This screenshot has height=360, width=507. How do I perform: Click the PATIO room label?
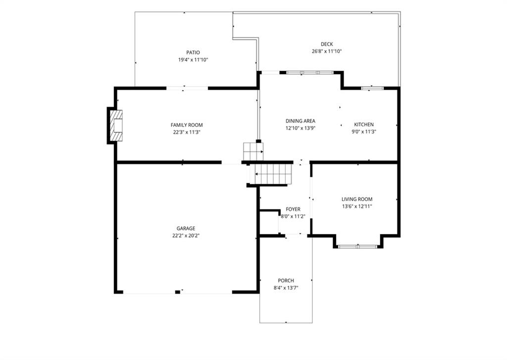[193, 52]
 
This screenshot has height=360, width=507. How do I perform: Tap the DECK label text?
[327, 44]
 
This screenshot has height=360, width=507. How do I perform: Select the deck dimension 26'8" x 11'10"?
[327, 51]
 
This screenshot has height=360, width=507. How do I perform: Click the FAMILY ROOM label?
[187, 125]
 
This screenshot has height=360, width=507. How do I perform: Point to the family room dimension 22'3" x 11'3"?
[187, 132]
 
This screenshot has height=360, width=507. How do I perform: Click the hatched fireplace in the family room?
[116, 125]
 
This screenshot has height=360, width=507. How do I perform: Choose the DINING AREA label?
[301, 121]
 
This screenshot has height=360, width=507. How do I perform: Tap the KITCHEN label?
[364, 124]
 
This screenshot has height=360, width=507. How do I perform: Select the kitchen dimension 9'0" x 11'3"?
[364, 132]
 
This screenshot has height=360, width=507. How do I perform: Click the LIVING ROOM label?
[357, 199]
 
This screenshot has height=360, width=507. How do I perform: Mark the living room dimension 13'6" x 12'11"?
[357, 206]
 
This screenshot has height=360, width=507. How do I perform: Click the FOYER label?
[293, 209]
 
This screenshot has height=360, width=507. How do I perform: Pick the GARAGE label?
[186, 228]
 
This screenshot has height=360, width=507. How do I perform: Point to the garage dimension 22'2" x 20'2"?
[186, 236]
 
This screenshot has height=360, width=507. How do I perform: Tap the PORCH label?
[286, 280]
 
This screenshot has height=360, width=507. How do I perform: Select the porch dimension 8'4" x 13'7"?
[286, 288]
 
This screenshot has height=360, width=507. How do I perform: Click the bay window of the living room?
[357, 247]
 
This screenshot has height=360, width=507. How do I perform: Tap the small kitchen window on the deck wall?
[372, 88]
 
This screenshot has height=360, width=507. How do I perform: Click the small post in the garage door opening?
[178, 292]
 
